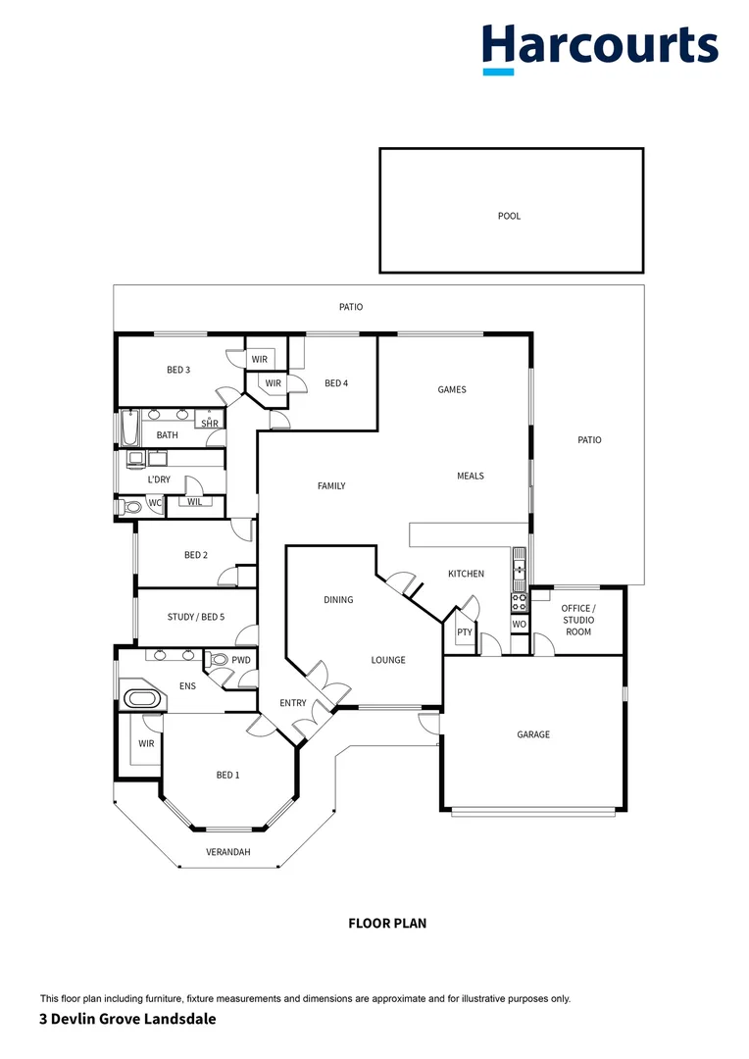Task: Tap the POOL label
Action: (x=509, y=216)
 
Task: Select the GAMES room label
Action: (x=452, y=389)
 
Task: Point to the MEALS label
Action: (x=471, y=476)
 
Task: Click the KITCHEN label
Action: (x=466, y=574)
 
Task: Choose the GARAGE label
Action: (x=533, y=734)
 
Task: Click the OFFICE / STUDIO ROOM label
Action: (x=577, y=620)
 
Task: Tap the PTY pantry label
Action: (x=465, y=632)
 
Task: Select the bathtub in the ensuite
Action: (x=143, y=699)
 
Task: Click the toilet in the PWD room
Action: (x=219, y=661)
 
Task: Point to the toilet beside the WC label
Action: (x=131, y=507)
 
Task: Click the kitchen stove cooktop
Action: (x=519, y=602)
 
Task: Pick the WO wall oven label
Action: (x=519, y=624)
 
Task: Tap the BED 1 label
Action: (x=227, y=775)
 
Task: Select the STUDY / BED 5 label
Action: (x=196, y=617)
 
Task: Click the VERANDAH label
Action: (x=228, y=852)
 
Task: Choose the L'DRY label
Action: (x=158, y=479)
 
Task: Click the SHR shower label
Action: (x=210, y=423)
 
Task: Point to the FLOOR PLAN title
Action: (x=387, y=923)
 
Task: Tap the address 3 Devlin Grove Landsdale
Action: (x=127, y=1019)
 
